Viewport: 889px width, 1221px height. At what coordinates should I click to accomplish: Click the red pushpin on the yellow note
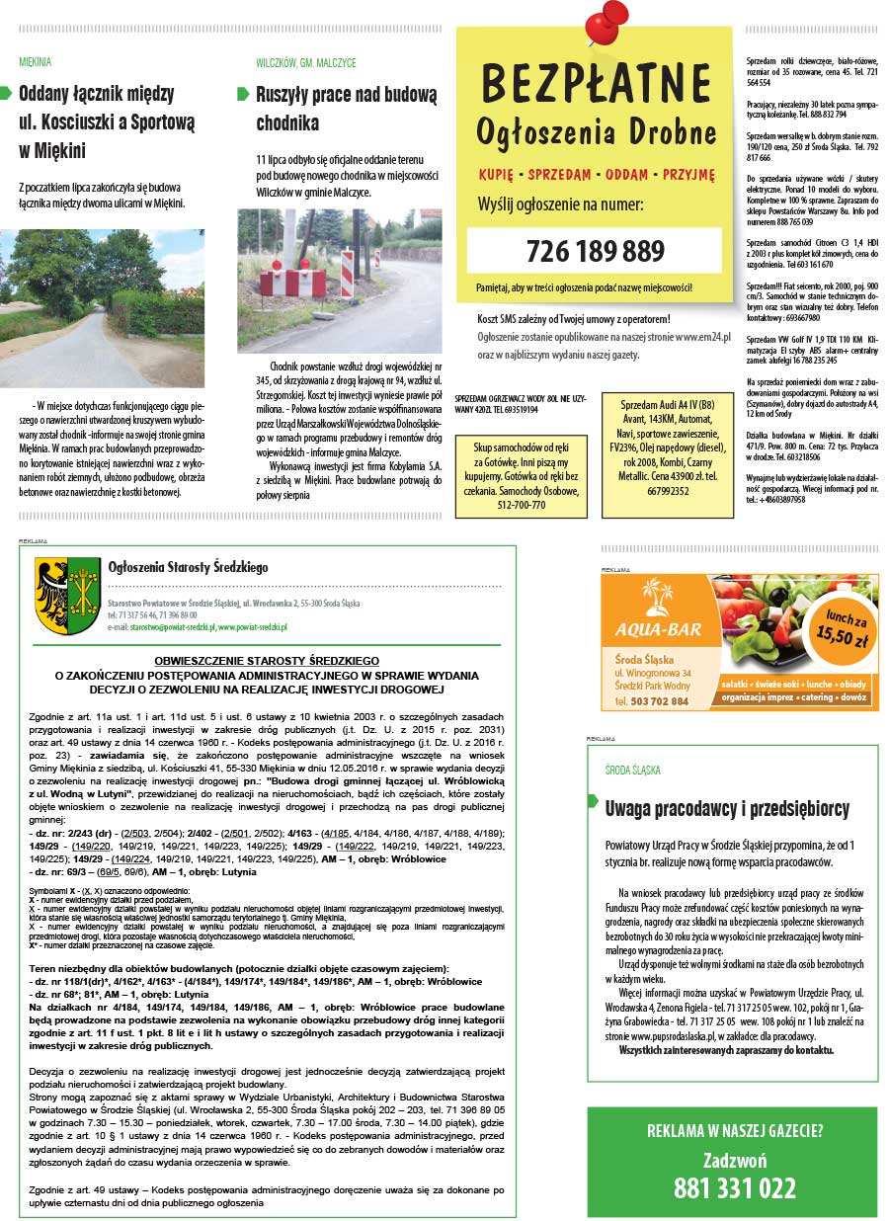(605, 25)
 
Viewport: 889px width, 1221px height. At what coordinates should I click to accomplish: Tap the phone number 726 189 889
(595, 250)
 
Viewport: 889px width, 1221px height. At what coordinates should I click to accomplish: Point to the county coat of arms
(68, 596)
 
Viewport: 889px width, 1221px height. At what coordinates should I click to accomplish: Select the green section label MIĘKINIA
(36, 61)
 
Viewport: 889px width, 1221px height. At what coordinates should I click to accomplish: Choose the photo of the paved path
(103, 308)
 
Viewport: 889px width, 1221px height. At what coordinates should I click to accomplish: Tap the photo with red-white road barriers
(340, 281)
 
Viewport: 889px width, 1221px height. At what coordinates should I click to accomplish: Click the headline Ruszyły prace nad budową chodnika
(346, 109)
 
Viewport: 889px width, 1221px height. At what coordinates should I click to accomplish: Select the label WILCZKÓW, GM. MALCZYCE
(305, 62)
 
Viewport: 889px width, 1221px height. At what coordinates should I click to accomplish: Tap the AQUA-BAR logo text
(657, 629)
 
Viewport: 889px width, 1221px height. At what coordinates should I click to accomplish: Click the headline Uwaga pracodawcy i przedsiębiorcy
(726, 809)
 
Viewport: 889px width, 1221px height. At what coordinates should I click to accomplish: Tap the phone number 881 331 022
(734, 1186)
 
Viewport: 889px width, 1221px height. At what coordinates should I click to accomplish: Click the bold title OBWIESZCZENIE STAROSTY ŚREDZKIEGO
(267, 660)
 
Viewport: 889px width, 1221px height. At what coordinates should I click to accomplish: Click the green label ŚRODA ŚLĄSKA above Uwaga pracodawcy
(632, 769)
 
